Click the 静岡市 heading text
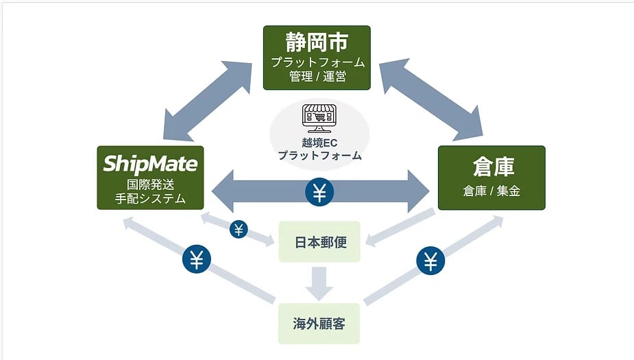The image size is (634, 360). [x=317, y=42]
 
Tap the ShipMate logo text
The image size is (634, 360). [x=150, y=163]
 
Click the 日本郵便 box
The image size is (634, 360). [x=319, y=243]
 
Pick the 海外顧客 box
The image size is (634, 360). [x=319, y=322]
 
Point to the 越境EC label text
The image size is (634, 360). [x=319, y=143]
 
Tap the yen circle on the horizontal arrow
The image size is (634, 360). [x=319, y=191]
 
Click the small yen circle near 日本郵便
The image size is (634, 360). [x=239, y=229]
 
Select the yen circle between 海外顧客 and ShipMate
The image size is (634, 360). [x=197, y=260]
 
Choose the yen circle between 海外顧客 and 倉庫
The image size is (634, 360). [x=430, y=261]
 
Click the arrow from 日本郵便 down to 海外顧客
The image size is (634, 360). [x=319, y=281]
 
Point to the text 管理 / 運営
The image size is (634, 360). [x=317, y=77]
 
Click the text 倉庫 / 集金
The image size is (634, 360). [x=491, y=191]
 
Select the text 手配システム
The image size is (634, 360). [x=150, y=199]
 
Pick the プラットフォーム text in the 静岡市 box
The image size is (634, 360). [x=317, y=62]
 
